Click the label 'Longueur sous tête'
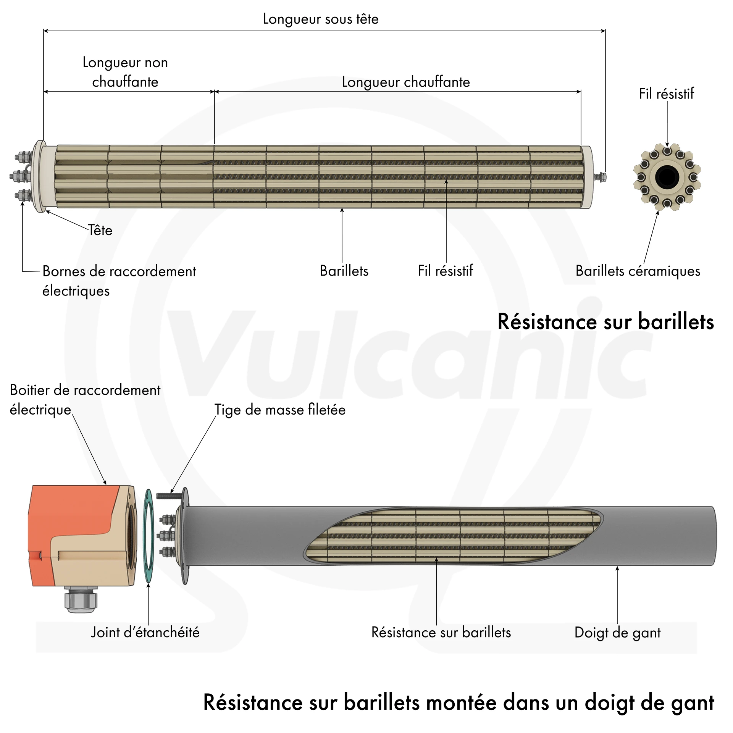(x=321, y=19)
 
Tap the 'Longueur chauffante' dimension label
(x=406, y=82)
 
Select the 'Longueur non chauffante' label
(x=125, y=72)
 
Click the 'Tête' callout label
(x=100, y=230)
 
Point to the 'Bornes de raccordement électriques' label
(x=119, y=281)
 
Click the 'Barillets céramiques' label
(x=638, y=271)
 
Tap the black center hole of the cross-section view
(x=667, y=177)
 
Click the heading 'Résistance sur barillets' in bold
(x=605, y=321)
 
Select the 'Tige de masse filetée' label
(x=280, y=410)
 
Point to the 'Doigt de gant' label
(x=617, y=633)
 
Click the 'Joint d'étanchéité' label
(x=145, y=632)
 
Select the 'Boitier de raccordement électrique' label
(x=85, y=400)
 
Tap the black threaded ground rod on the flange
(x=169, y=496)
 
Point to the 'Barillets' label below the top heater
(x=344, y=271)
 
